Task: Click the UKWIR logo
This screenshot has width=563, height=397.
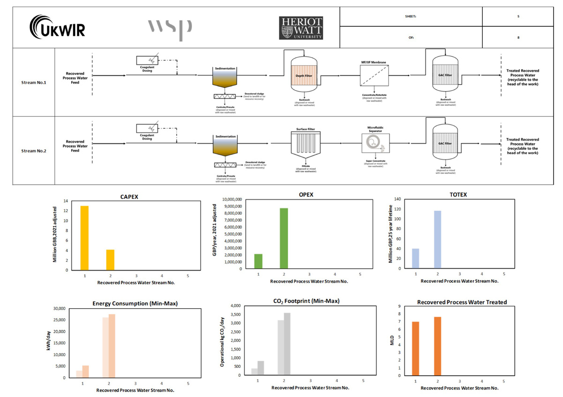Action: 57,28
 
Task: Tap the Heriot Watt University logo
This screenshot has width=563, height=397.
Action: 301,28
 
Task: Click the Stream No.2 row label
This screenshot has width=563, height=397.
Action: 34,151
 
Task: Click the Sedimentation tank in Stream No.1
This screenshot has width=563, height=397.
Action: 225,78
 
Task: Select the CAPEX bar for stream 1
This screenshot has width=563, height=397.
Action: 84,238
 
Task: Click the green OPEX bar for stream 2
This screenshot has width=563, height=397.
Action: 284,238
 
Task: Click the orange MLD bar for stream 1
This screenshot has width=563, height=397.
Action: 416,348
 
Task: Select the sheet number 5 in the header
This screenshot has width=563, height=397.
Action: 518,16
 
